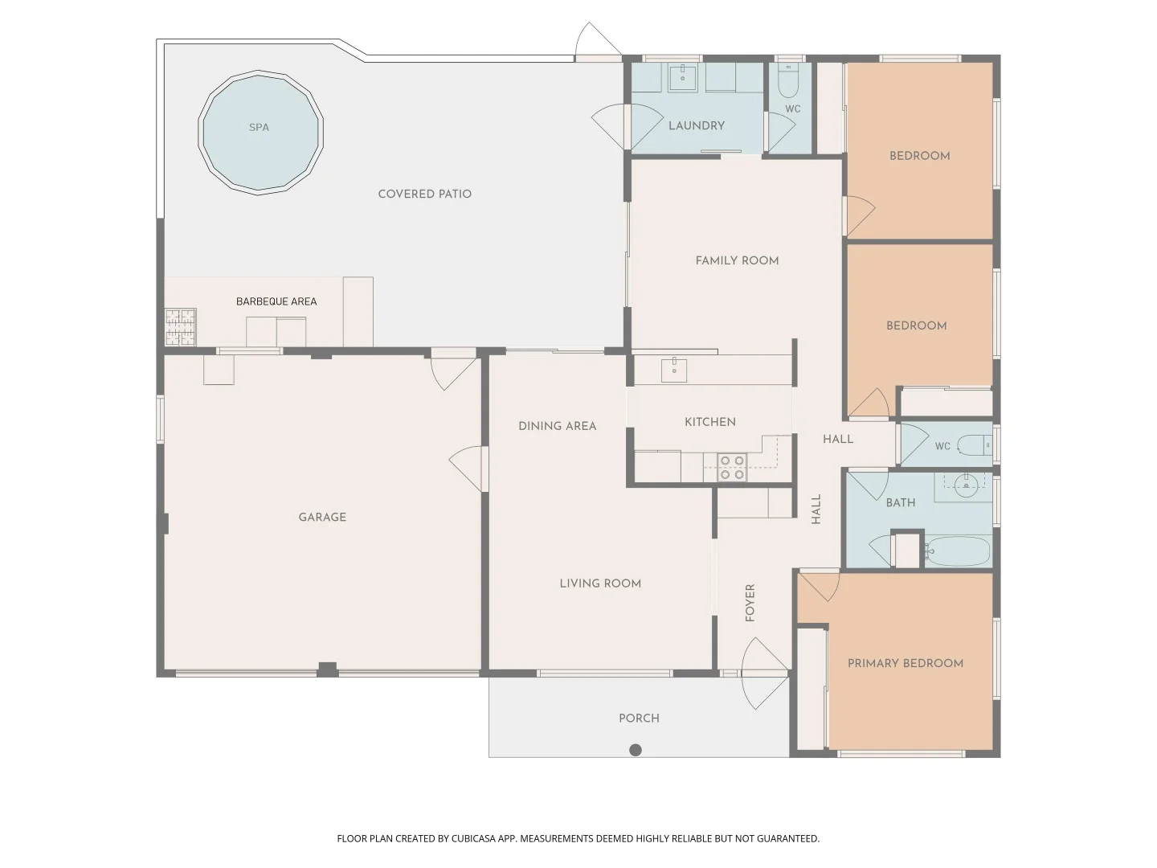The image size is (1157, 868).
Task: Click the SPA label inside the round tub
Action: (259, 127)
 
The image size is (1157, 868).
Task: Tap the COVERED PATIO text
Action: (424, 194)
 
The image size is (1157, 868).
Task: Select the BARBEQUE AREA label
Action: (276, 301)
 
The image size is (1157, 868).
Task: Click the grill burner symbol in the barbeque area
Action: (180, 326)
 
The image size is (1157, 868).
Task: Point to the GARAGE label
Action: (322, 517)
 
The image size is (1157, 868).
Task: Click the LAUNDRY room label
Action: (696, 125)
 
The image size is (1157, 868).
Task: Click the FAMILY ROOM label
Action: (737, 260)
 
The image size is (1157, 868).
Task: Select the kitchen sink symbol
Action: (673, 370)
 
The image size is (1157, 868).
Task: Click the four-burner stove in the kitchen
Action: (731, 468)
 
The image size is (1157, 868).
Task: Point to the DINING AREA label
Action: (557, 426)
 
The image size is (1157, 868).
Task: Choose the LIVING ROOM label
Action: (600, 583)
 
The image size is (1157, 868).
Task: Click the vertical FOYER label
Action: (750, 602)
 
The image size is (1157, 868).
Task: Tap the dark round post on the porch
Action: (636, 750)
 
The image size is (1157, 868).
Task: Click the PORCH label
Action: (639, 719)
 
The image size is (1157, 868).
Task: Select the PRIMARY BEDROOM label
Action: (906, 663)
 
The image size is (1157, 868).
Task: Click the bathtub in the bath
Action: (958, 551)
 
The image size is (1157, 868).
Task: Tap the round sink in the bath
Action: (965, 482)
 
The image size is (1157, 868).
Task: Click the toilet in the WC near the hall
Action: (977, 444)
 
